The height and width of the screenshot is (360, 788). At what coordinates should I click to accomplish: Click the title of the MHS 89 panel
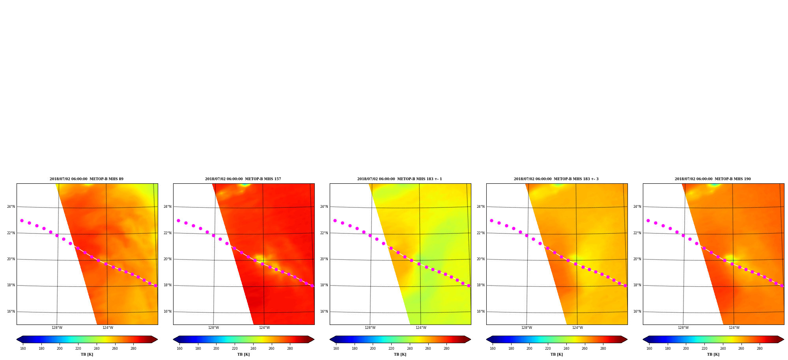86,179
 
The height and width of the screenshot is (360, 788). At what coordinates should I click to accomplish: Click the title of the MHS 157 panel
243,179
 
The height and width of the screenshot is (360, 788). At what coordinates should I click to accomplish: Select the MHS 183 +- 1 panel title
400,179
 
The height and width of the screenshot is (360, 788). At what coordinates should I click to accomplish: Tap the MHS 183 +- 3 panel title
556,179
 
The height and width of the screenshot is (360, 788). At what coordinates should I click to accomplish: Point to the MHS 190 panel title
713,179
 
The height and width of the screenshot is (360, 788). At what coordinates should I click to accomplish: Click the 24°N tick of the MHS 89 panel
11,207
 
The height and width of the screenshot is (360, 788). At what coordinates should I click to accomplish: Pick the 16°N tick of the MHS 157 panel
167,312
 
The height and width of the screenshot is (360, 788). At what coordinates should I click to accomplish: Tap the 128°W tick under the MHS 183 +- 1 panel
370,328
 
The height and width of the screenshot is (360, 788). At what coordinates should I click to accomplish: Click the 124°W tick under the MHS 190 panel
734,328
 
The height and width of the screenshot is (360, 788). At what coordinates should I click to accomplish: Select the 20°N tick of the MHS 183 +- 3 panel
480,259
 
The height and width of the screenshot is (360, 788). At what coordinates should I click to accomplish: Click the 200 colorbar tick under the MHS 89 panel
60,349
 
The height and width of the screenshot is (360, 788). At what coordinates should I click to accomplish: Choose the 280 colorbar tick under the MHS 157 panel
290,349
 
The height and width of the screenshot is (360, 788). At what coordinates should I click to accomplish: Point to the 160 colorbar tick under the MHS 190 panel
649,349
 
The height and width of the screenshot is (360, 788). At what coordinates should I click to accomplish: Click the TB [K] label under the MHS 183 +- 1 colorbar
400,354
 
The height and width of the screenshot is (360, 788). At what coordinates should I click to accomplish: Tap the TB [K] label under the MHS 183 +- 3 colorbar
556,354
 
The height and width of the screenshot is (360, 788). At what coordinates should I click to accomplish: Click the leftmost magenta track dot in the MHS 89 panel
22,221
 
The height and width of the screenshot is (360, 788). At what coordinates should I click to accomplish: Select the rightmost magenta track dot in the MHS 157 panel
312,285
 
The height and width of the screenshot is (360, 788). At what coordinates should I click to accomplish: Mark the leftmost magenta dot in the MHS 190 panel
648,221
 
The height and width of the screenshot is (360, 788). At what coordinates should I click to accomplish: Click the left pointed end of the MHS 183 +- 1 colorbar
330,339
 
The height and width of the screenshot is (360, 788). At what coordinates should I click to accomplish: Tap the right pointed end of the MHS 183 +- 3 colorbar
627,339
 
